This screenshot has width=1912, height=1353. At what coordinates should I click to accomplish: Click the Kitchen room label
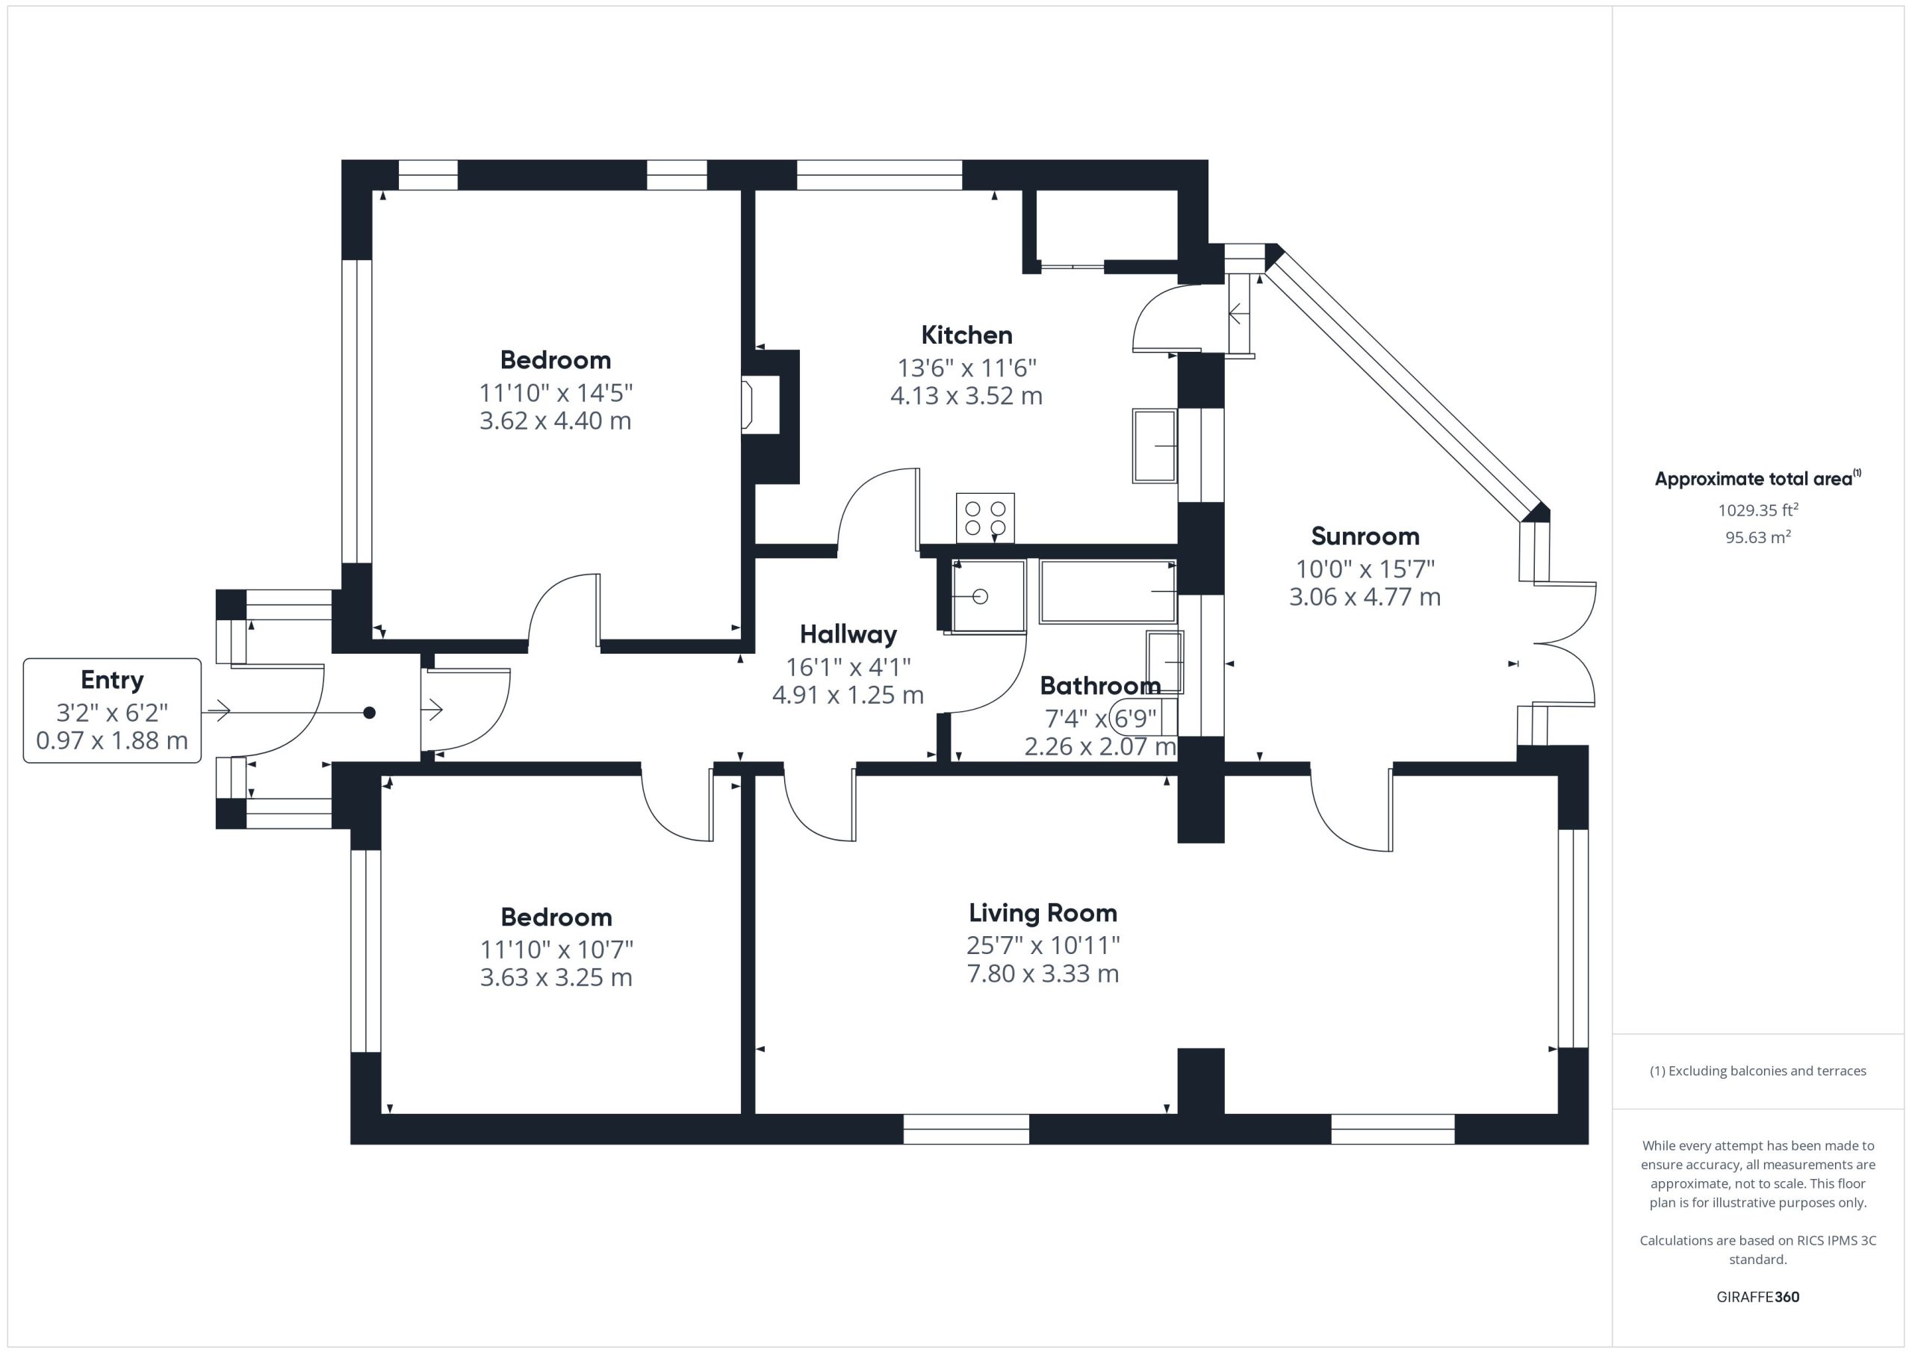[x=966, y=335]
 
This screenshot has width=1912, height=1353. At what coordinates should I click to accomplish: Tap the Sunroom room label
[x=1365, y=536]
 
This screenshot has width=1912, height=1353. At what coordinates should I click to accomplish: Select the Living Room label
[x=1043, y=913]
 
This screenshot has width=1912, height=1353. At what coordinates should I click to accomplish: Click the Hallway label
[x=848, y=635]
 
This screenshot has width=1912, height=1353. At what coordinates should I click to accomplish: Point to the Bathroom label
[x=1100, y=686]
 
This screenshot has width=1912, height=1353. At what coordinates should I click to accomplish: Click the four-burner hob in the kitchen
[x=985, y=518]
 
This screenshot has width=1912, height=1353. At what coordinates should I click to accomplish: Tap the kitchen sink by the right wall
[x=1154, y=446]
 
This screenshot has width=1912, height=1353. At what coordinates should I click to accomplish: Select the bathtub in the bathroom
[x=1108, y=592]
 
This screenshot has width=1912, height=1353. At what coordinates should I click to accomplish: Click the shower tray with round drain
[x=988, y=595]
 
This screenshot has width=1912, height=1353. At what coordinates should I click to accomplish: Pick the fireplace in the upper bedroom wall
[x=760, y=405]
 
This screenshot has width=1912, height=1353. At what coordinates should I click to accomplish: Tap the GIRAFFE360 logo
[x=1758, y=1297]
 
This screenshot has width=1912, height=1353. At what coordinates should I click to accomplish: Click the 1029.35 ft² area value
[x=1758, y=510]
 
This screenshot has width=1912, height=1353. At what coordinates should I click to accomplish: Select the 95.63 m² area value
[x=1758, y=537]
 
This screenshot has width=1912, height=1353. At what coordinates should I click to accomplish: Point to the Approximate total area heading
[x=1757, y=478]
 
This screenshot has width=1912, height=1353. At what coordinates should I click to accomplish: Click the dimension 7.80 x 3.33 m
[x=1043, y=973]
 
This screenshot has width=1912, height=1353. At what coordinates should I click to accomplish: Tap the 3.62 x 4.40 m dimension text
[x=556, y=421]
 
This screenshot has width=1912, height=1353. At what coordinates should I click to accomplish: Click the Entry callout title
[x=113, y=680]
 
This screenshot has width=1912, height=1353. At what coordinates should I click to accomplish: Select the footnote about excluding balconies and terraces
[x=1758, y=1071]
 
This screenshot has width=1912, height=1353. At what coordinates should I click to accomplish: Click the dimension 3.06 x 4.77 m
[x=1365, y=596]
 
